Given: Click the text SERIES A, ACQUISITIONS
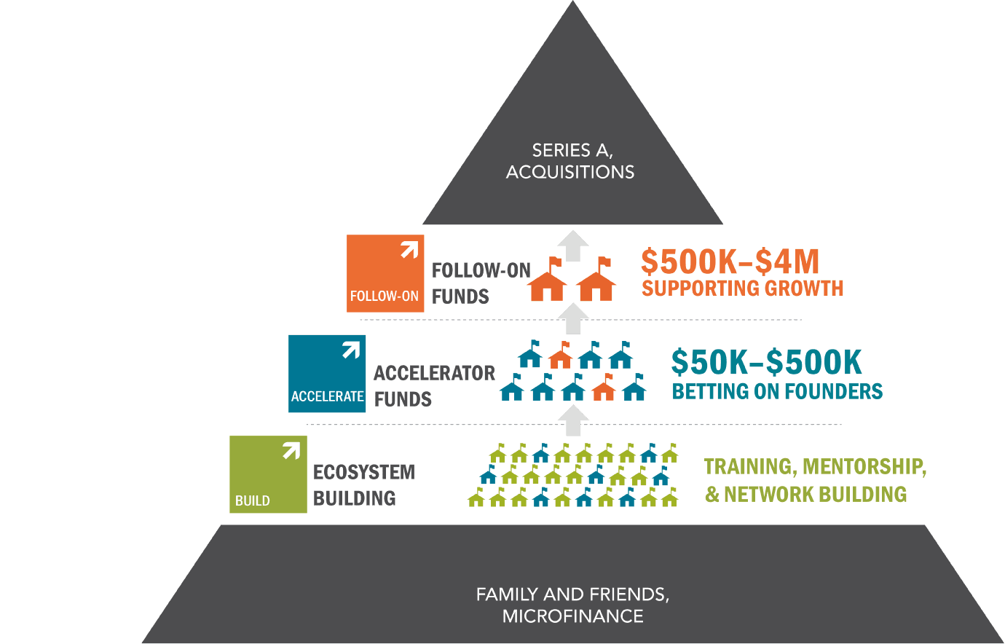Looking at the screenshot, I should click(x=571, y=161).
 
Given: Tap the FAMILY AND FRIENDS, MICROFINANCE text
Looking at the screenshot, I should click(x=572, y=605).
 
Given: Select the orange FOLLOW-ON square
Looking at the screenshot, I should click(x=385, y=274).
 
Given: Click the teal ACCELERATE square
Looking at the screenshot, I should click(x=327, y=374).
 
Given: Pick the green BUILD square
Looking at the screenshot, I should click(x=268, y=474).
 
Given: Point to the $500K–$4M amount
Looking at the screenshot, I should click(x=730, y=262).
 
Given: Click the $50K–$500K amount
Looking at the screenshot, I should click(x=766, y=362).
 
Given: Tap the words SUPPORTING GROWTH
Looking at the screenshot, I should click(x=742, y=288).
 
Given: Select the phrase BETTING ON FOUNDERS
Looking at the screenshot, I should click(x=777, y=391).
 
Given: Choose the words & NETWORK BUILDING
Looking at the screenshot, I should click(x=805, y=495).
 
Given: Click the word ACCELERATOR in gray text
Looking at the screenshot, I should click(x=434, y=373).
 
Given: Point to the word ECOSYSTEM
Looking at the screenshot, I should click(x=363, y=472).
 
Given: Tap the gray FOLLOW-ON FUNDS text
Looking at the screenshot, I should click(x=481, y=283).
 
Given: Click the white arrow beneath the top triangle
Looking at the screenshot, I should click(x=573, y=246).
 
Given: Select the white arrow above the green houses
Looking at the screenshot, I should click(x=573, y=420).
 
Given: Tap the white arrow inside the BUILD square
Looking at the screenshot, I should click(x=291, y=451).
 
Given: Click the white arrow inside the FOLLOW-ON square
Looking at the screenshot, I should click(x=409, y=250).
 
